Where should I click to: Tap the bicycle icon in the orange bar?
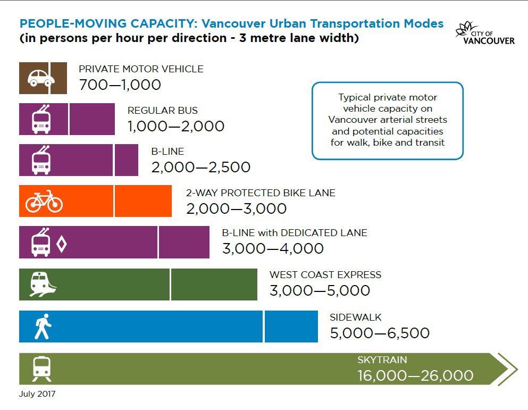pos(44,201)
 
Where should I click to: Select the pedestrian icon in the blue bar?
pos(43,326)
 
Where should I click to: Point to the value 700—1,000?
pos(120,85)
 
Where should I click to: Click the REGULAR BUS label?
pos(163,111)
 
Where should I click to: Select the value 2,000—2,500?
pos(201,167)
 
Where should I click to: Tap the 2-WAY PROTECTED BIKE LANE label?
pos(261,193)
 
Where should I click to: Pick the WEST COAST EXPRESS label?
pos(325,275)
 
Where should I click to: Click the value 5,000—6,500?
pos(380,333)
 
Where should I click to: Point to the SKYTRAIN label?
pos(382,360)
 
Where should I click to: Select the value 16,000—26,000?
pos(415,376)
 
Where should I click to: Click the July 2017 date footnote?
pos(37,395)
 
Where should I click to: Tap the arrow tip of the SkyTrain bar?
pos(508,369)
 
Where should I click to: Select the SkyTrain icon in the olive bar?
pos(41,369)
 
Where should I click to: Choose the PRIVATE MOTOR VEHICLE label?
pos(141,69)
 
